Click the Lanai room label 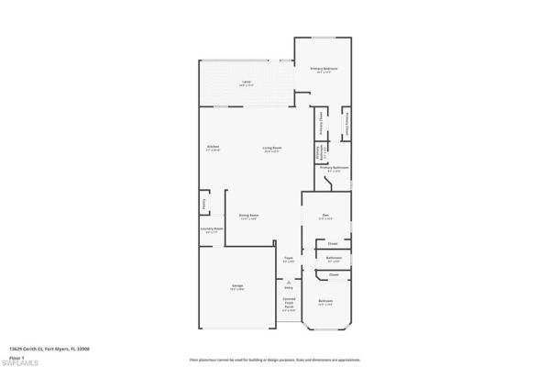click(x=247, y=83)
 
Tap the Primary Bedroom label click(x=324, y=68)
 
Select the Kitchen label click(x=213, y=147)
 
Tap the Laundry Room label click(x=213, y=230)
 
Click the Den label click(x=323, y=217)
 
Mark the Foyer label click(x=288, y=259)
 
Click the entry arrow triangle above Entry click(x=289, y=279)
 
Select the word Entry click(x=289, y=286)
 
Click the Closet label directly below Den click(x=334, y=243)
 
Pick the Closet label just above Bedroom click(x=334, y=274)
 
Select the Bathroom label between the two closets click(x=334, y=258)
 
